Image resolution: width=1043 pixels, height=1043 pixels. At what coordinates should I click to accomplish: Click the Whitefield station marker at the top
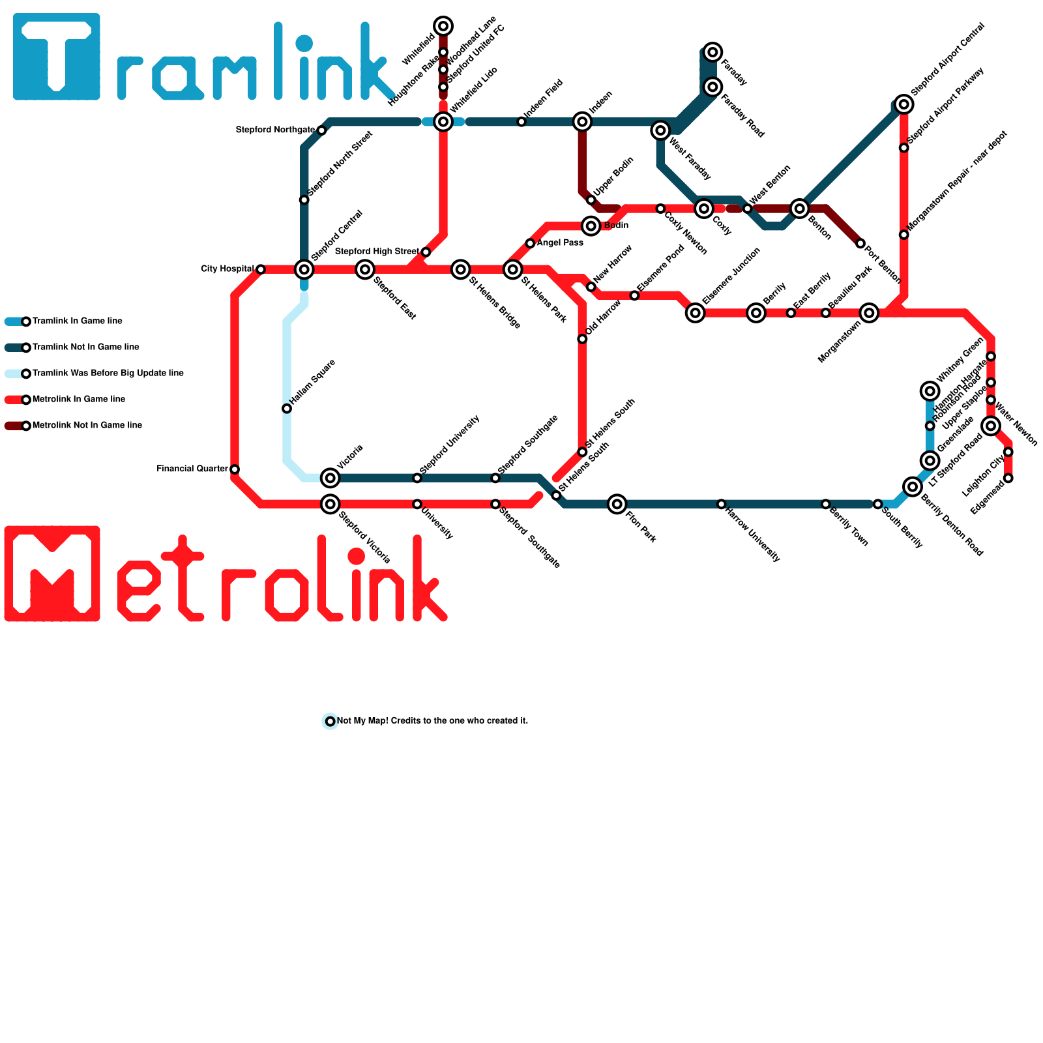443,26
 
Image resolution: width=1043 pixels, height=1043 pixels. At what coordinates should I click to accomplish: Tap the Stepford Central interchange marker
304,269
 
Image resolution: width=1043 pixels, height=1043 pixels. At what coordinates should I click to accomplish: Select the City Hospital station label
227,269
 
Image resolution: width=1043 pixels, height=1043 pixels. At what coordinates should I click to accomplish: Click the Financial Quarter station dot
235,469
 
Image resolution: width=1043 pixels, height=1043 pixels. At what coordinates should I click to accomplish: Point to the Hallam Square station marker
287,409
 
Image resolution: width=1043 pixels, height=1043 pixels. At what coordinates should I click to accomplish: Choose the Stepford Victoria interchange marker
331,504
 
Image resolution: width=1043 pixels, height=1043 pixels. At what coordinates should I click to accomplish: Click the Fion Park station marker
617,504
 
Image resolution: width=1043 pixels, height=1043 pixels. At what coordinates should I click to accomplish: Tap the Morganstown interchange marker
869,313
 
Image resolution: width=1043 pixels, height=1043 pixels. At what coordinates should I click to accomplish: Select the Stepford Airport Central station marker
903,104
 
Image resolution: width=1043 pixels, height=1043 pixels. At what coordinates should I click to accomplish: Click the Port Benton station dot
860,244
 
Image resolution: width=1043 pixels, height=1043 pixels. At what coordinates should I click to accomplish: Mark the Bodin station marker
591,226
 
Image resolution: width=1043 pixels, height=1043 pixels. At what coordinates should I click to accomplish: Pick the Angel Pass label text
560,243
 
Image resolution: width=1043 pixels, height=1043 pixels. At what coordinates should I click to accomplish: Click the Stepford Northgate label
275,130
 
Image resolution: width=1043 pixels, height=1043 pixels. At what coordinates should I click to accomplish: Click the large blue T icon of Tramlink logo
57,57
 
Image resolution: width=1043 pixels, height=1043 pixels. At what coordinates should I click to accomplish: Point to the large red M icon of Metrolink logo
52,574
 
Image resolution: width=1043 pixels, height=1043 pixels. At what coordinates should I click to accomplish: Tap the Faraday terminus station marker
713,52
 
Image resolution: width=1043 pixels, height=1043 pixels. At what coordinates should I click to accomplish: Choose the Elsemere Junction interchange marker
696,313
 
